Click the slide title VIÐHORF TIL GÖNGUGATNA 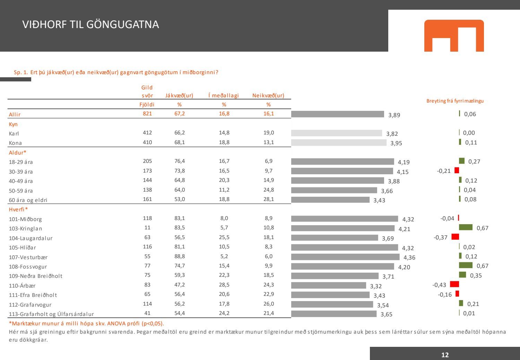(x=90, y=25)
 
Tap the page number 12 (x=445, y=355)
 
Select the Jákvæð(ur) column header (x=179, y=96)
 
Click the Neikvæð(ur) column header (x=268, y=96)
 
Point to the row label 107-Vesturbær (x=28, y=257)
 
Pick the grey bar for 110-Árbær (x=328, y=286)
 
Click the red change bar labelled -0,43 (x=454, y=284)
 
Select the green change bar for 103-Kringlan (x=466, y=227)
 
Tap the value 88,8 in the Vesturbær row (x=180, y=256)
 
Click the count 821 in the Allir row (x=147, y=114)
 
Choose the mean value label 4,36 (x=409, y=257)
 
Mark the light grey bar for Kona (x=339, y=142)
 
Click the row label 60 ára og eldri (x=28, y=200)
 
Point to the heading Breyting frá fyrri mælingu (x=455, y=101)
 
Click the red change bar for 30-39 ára (x=457, y=170)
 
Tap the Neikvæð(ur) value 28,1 (x=268, y=199)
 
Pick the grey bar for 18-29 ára (x=343, y=161)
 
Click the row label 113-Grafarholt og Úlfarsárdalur (x=51, y=314)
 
